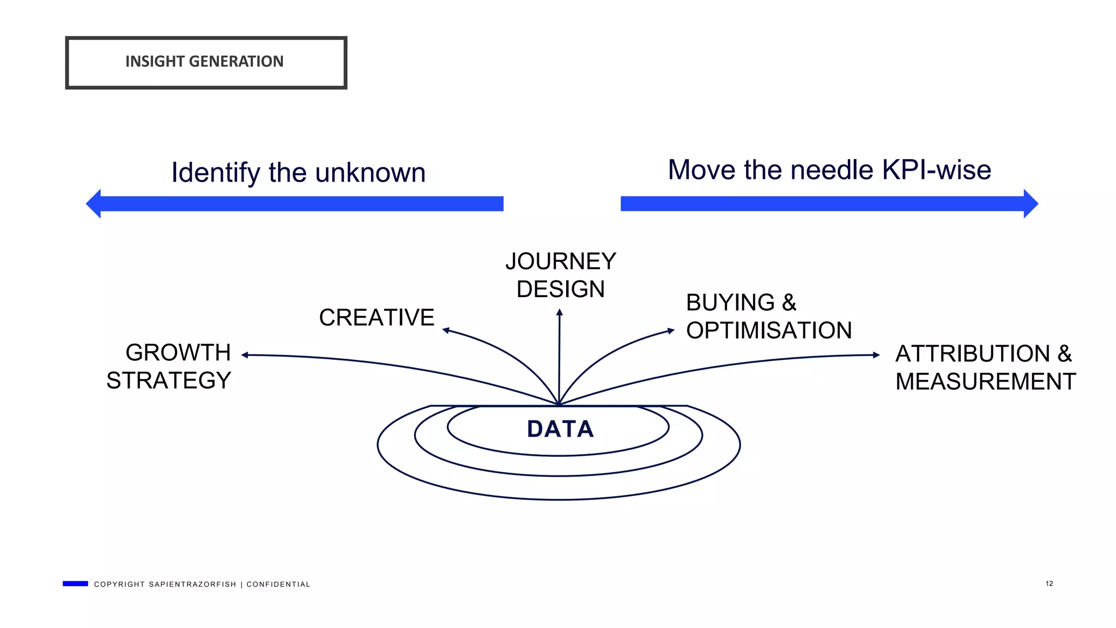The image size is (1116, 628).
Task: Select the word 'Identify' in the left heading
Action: pos(216,173)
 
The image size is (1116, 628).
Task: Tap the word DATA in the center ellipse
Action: pos(560,429)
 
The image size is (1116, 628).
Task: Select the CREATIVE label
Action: pos(377,318)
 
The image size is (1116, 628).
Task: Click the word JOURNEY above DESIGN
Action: pos(561,262)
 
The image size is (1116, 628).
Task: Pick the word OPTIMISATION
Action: pos(768,331)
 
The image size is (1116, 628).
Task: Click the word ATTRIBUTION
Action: pos(972,354)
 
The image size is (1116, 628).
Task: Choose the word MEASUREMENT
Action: pos(985,382)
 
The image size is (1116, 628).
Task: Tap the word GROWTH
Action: pos(178,353)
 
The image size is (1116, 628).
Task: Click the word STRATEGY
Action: pos(169,381)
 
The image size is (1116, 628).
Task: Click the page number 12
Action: pos(1049,584)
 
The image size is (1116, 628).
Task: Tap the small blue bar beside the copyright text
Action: pos(75,584)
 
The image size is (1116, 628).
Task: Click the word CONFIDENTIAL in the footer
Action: pos(278,584)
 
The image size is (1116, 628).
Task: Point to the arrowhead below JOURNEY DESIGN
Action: pos(560,312)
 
